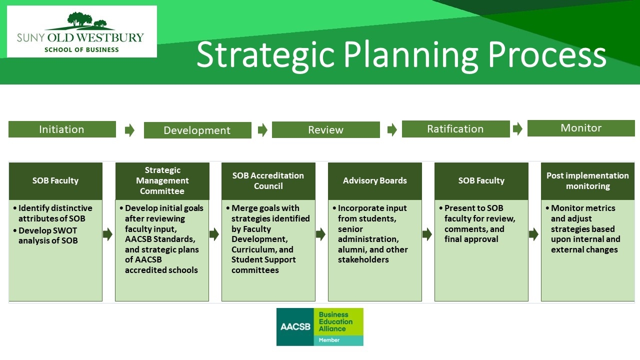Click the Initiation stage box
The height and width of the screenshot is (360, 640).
click(x=62, y=129)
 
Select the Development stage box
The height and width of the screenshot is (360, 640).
click(x=197, y=130)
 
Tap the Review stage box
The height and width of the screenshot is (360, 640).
click(x=325, y=129)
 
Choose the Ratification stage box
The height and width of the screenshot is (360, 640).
click(x=455, y=129)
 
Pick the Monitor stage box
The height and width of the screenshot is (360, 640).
click(x=581, y=128)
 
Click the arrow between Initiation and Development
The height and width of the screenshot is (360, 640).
click(x=129, y=130)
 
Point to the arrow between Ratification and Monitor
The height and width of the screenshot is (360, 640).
click(x=517, y=129)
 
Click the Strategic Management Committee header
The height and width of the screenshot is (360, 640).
click(x=162, y=181)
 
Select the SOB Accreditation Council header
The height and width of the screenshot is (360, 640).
click(x=268, y=181)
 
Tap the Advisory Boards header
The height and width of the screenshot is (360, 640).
click(x=375, y=181)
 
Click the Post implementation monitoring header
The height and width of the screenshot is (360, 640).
click(x=587, y=181)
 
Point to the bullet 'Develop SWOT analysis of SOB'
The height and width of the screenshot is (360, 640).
click(x=47, y=235)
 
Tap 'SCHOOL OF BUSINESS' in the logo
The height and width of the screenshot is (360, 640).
click(x=81, y=49)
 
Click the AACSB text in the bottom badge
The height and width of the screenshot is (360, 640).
click(x=295, y=326)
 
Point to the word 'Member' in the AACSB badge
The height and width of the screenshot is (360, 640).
click(x=329, y=340)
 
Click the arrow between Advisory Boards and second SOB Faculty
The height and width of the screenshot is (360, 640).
click(x=427, y=234)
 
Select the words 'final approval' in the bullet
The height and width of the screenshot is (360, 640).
click(x=471, y=239)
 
